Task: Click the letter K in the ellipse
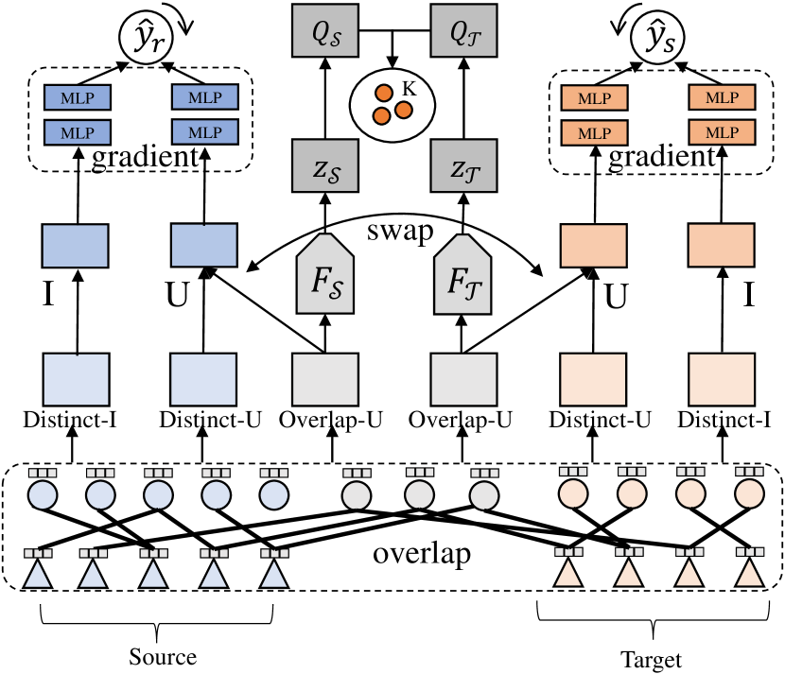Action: click(410, 87)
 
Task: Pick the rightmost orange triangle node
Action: click(749, 573)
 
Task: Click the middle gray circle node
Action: click(419, 494)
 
